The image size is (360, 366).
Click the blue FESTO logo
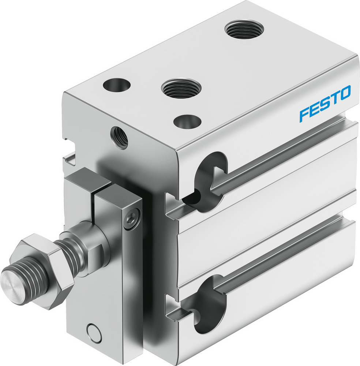pos(325,103)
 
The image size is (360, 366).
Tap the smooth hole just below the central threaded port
pos(187,121)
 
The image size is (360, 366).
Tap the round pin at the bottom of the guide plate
pos(93,332)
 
